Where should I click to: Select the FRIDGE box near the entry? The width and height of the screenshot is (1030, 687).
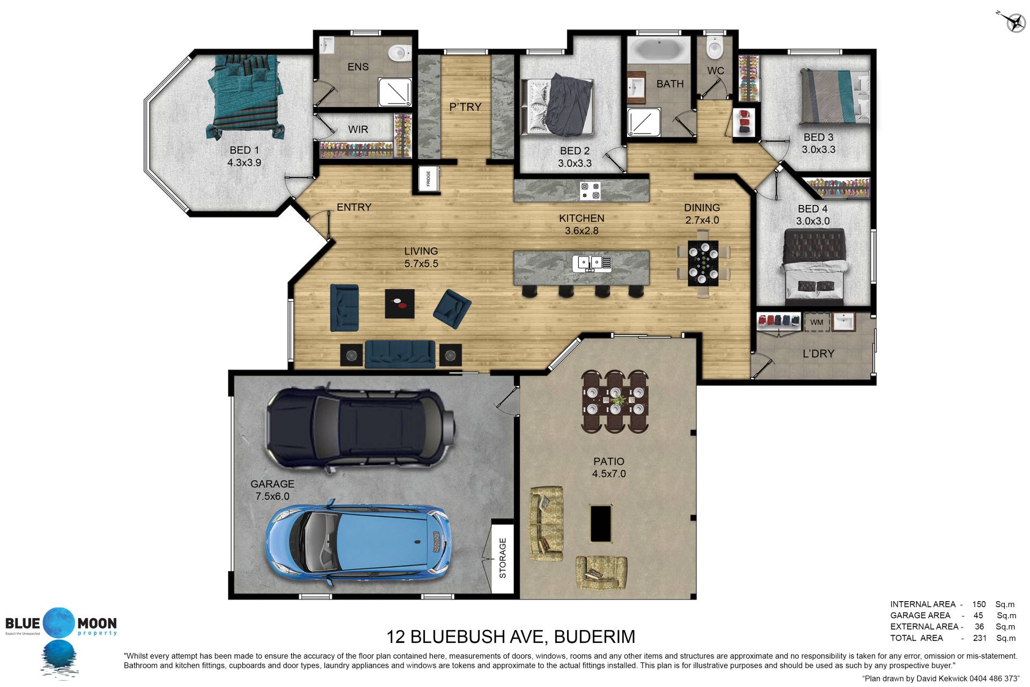[x=429, y=179]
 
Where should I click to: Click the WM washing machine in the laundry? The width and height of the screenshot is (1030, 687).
[x=816, y=322]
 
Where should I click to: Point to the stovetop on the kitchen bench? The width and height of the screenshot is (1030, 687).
[x=590, y=191]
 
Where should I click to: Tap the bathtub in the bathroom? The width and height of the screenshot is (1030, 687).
[x=659, y=49]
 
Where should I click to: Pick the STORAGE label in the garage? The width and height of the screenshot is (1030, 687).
[x=503, y=558]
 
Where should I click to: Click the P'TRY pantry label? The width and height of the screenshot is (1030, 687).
[x=465, y=107]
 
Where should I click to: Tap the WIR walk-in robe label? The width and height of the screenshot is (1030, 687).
[x=358, y=129]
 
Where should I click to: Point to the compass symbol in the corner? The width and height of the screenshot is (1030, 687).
[x=1012, y=21]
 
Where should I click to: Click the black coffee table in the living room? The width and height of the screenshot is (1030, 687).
[x=400, y=304]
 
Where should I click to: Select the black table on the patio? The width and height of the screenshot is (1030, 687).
[x=601, y=523]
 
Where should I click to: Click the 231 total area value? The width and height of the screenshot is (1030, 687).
[x=980, y=638]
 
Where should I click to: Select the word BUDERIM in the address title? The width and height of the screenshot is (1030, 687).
[x=594, y=637]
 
